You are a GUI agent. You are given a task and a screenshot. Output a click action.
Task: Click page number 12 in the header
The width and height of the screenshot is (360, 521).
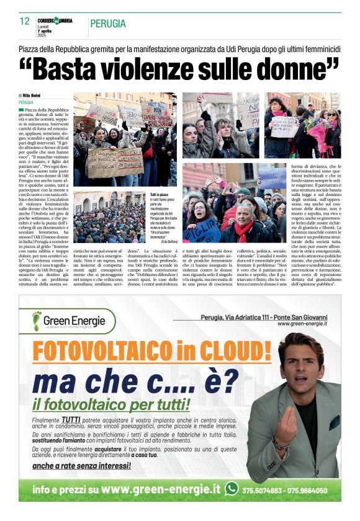(x=24, y=21)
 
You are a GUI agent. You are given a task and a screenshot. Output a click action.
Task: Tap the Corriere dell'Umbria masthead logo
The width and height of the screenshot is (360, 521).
(x=55, y=21)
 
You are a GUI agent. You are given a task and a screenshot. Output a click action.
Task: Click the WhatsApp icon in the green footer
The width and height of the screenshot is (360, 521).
(x=232, y=488)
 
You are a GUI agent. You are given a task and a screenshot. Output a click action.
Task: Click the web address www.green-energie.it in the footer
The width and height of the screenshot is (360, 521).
(x=160, y=489)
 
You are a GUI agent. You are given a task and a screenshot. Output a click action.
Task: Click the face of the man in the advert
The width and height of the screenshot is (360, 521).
(x=301, y=365)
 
